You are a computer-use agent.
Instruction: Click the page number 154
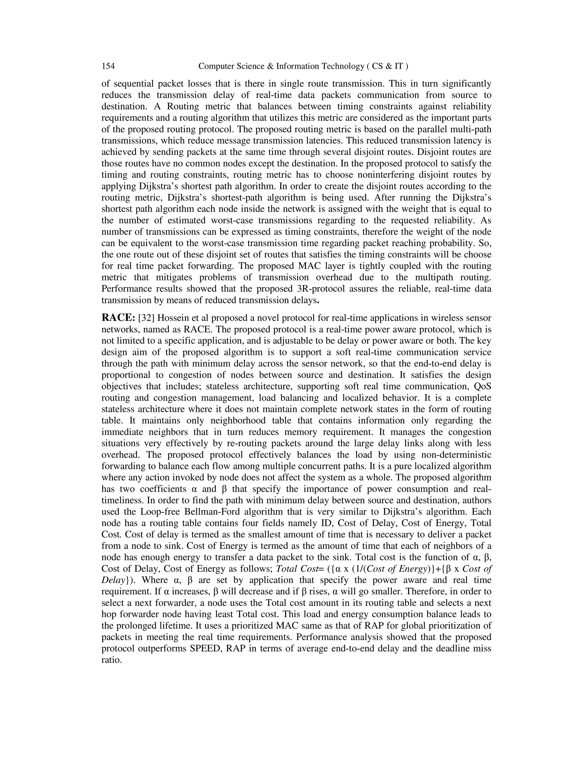pyautogui.click(x=108, y=66)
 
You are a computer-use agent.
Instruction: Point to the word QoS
pyautogui.click(x=483, y=386)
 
